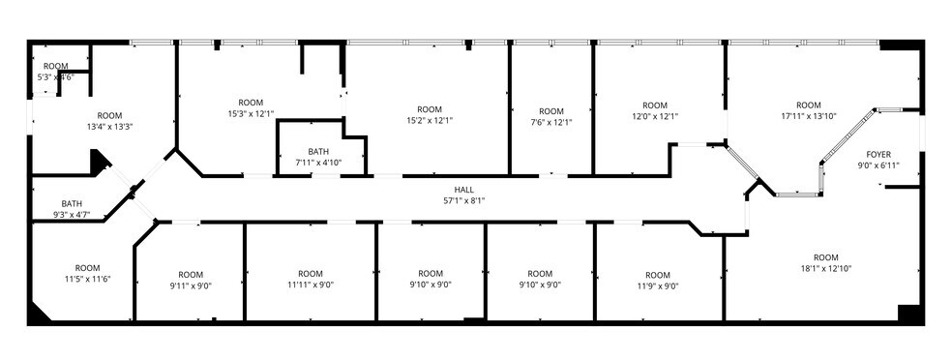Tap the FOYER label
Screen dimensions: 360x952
878,155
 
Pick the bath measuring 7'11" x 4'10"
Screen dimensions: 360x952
318,157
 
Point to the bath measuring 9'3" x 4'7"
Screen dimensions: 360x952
72,209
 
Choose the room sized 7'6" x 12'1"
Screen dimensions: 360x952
550,116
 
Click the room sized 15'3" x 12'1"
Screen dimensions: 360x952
251,108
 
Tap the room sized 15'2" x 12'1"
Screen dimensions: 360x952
430,115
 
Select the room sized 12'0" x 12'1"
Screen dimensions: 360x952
655,110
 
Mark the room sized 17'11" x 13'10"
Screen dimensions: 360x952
808,110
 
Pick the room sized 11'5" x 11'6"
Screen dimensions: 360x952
87,273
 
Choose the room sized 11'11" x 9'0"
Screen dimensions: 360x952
310,279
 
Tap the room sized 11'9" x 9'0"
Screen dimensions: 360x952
657,280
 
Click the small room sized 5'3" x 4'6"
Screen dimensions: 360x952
55,72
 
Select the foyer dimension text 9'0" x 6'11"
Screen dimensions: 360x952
878,166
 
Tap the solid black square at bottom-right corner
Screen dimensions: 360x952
907,313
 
